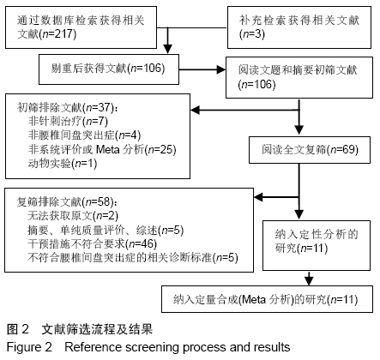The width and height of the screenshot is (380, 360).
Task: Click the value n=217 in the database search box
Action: point(59,34)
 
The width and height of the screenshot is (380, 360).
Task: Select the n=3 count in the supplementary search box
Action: point(252,34)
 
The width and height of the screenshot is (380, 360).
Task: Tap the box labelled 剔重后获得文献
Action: point(109,69)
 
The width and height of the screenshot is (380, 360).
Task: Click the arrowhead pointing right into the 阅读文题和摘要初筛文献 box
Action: point(221,69)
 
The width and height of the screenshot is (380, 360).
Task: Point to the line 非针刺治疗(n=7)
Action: point(68,122)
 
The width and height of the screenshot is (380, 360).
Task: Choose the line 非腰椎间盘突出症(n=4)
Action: point(85,135)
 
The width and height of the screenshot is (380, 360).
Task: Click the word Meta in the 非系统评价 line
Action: point(108,149)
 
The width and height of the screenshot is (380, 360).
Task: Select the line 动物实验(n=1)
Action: point(63,164)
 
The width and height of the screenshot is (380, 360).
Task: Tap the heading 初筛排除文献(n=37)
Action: point(67,108)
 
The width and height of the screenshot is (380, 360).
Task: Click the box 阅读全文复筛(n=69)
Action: point(310,150)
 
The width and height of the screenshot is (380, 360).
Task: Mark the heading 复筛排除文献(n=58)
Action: point(67,202)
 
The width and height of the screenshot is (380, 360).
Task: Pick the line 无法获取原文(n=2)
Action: point(73,216)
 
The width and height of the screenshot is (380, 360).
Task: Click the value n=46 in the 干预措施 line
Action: point(143,243)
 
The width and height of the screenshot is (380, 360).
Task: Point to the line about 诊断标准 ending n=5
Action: point(133,258)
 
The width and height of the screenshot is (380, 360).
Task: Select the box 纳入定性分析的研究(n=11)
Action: point(317,245)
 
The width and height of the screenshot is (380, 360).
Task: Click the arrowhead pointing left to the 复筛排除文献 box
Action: point(258,197)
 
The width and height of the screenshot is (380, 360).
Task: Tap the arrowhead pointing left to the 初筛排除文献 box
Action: point(195,110)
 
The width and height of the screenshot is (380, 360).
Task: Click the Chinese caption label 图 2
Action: point(18,329)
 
